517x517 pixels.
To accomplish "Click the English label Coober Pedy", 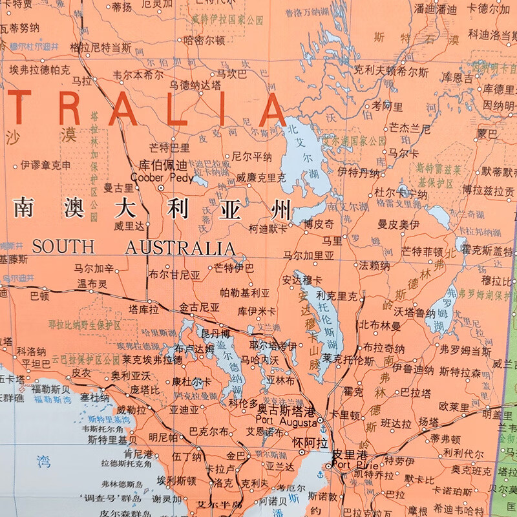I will [x=162, y=177].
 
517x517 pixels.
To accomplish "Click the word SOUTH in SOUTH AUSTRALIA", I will [x=63, y=248].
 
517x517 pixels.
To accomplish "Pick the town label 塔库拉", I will [x=143, y=309].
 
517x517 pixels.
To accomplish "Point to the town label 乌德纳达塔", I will [x=195, y=84].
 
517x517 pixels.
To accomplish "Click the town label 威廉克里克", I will [x=261, y=176].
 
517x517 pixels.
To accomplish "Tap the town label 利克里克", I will [x=337, y=296].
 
